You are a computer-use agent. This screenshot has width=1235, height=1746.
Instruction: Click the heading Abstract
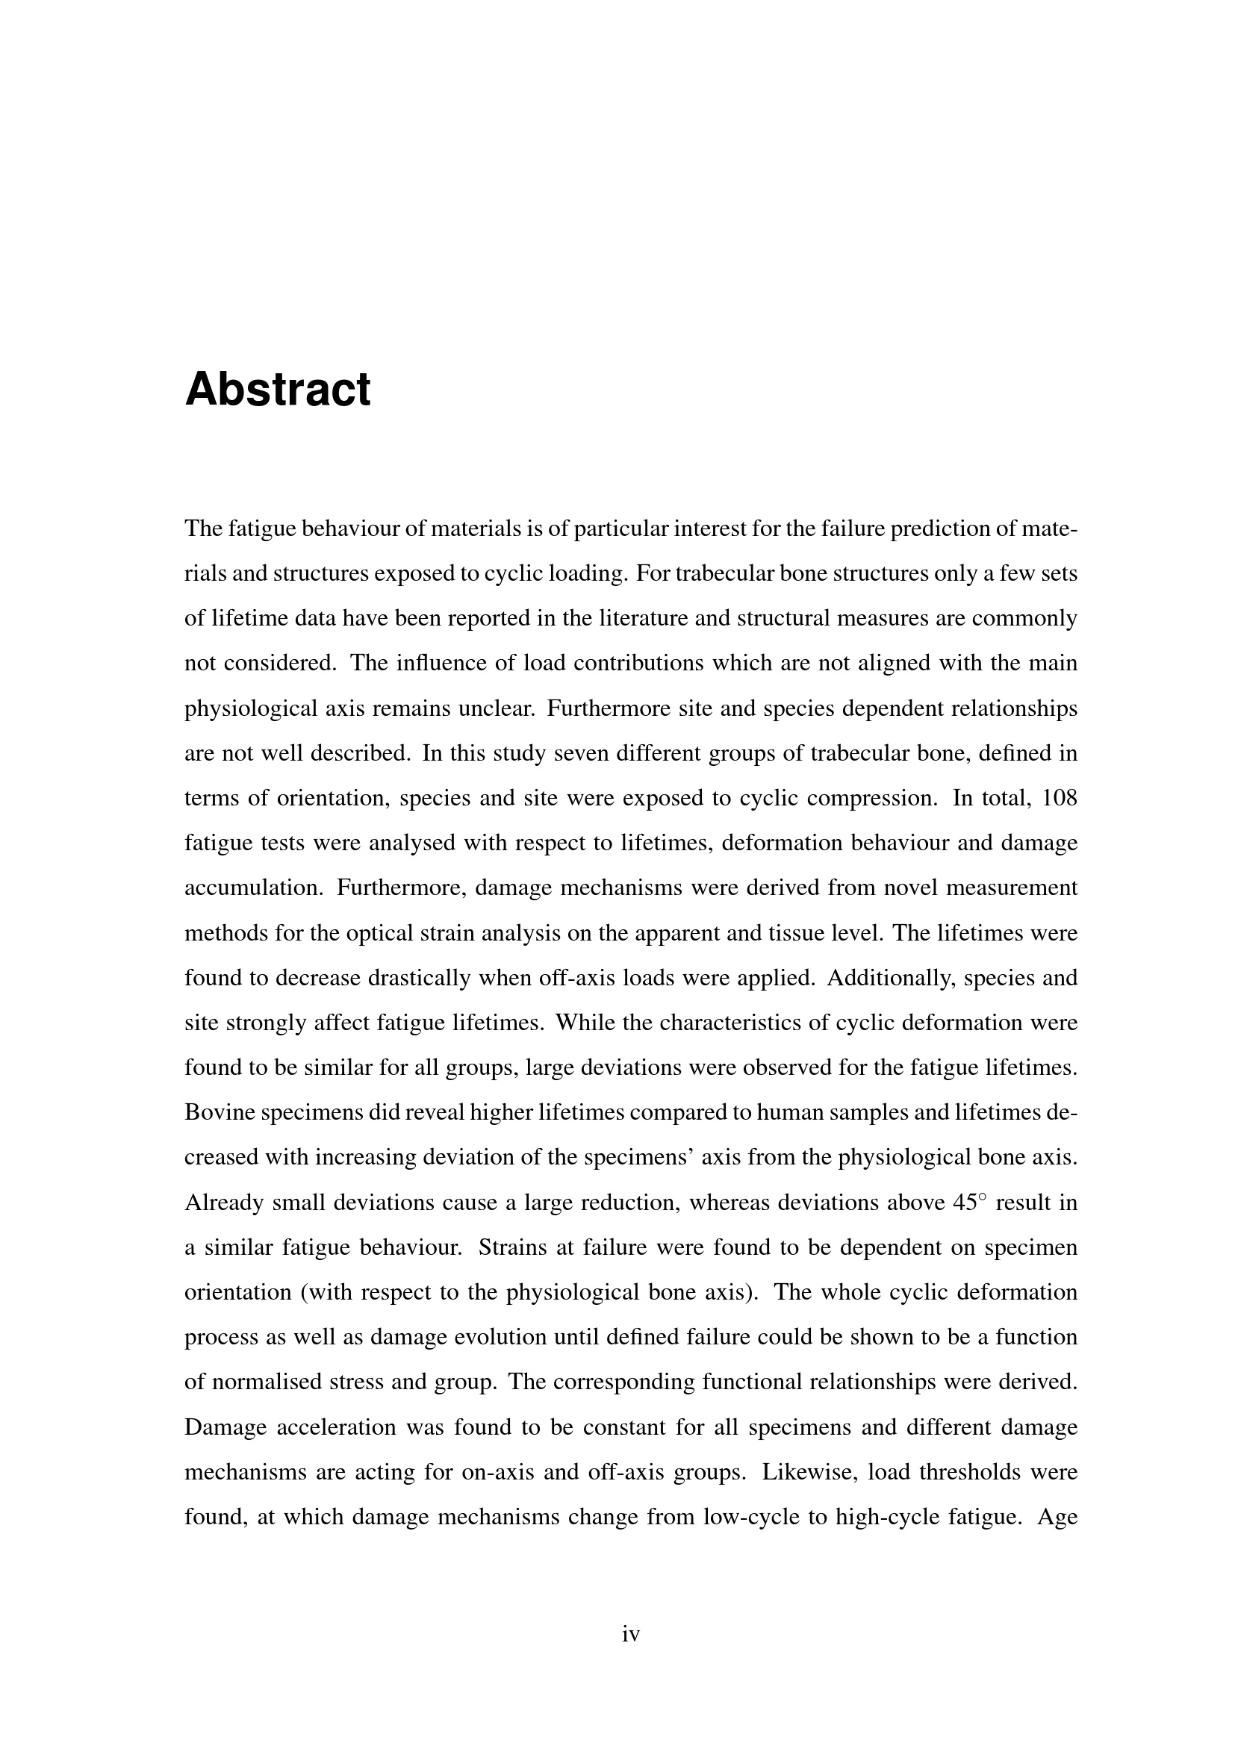(278, 390)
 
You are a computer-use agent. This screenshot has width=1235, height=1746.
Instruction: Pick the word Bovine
(220, 1112)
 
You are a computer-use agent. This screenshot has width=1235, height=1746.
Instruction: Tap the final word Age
(1058, 1518)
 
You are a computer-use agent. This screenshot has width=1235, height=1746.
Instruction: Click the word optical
(379, 933)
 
